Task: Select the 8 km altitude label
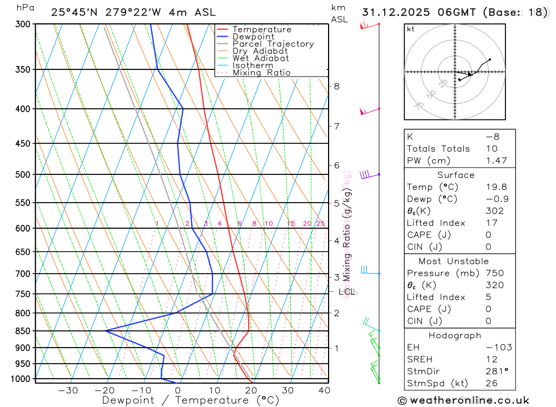336,86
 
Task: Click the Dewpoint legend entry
254,37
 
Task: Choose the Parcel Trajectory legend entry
272,44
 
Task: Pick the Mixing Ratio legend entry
261,73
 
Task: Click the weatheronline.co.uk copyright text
463,400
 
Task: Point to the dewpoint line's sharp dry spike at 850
107,330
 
